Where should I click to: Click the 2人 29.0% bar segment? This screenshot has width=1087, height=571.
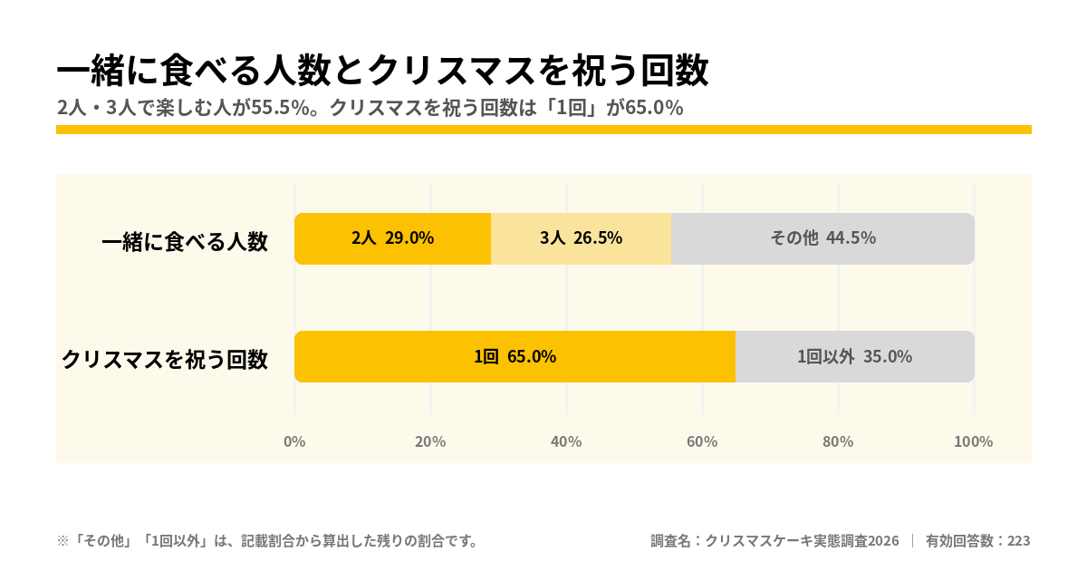tap(392, 239)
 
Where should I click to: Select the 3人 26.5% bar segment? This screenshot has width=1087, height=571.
tap(581, 239)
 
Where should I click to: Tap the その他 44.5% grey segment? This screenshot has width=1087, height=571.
tap(823, 239)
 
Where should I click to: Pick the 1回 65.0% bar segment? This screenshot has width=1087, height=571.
tap(515, 357)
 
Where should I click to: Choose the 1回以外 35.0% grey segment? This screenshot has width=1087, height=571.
tap(855, 357)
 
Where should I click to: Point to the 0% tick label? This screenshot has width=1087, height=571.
tap(294, 442)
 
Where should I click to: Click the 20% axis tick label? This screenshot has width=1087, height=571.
tap(430, 442)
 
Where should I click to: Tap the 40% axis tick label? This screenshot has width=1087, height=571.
tap(566, 442)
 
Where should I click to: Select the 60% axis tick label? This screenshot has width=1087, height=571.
tap(702, 442)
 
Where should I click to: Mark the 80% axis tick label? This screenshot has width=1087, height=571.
tap(838, 442)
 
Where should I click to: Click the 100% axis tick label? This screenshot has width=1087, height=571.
tap(974, 442)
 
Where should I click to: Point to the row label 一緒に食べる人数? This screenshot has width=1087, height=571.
tap(185, 241)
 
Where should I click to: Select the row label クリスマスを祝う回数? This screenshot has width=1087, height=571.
tap(165, 360)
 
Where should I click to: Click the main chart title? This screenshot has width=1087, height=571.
tap(383, 71)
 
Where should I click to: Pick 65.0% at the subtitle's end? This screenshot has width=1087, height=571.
tap(654, 108)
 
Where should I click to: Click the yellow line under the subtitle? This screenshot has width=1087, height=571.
tap(544, 130)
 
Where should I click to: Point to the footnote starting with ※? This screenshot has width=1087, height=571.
tap(268, 541)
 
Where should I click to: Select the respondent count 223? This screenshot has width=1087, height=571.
tap(1018, 541)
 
